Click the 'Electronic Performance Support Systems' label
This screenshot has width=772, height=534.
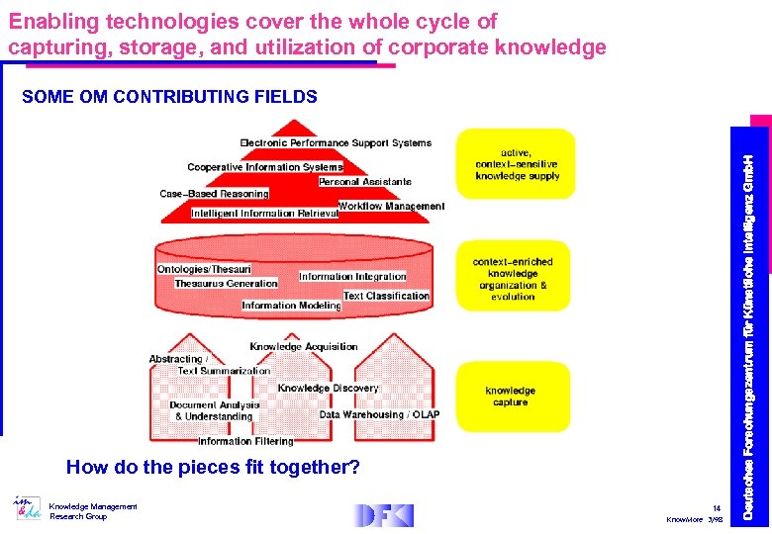tap(336, 143)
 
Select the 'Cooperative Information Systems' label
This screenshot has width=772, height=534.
tap(264, 168)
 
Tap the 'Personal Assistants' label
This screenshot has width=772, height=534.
tap(365, 182)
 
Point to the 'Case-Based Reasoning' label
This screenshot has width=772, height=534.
tap(214, 194)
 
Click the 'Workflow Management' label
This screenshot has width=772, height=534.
tap(392, 207)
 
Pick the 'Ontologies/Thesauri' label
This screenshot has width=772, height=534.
tap(204, 269)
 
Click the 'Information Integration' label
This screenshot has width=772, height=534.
tap(352, 277)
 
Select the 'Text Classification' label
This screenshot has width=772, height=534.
tap(386, 296)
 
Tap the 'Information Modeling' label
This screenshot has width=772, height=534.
tap(291, 306)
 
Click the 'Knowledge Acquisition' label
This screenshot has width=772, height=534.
tap(304, 347)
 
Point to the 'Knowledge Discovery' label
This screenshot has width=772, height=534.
tap(328, 389)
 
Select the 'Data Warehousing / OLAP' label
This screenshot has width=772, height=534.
tap(379, 415)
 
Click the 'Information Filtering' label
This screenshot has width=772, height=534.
tap(245, 441)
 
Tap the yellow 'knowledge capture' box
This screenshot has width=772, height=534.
tap(511, 397)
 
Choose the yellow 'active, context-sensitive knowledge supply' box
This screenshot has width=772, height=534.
tap(516, 164)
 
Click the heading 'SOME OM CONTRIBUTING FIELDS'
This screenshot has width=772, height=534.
tap(169, 97)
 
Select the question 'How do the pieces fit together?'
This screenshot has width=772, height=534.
tap(213, 467)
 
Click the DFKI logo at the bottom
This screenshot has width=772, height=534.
tap(385, 515)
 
